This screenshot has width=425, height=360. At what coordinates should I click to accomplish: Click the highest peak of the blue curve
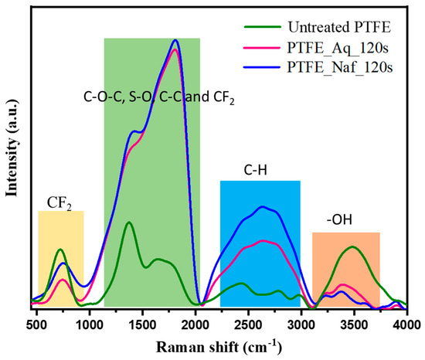point(176,40)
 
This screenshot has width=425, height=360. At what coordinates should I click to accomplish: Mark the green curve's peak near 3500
point(352,247)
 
